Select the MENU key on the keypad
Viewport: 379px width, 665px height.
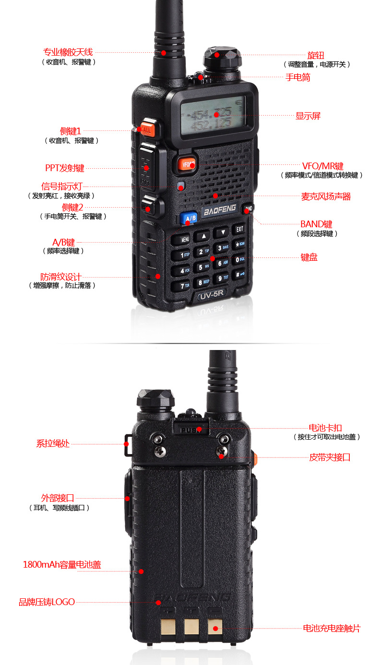coord(185,238)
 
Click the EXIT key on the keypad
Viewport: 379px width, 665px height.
coord(239,230)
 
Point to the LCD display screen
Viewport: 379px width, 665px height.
coord(213,115)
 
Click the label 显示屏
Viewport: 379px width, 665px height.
coord(308,116)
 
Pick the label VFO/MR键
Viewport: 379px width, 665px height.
coord(323,166)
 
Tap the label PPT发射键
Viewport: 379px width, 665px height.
coord(65,168)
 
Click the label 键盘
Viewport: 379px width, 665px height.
coord(309,257)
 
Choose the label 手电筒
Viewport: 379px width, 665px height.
coord(298,77)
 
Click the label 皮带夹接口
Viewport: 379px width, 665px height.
coord(330,457)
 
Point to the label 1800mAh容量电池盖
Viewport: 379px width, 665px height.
coord(62,564)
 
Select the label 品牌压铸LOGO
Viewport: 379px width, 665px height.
coord(47,602)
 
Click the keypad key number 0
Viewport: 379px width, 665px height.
coord(238,259)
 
